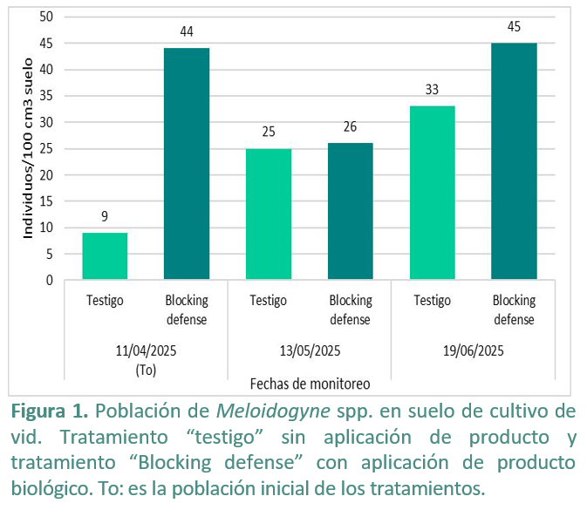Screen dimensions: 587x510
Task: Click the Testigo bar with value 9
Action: [105, 256]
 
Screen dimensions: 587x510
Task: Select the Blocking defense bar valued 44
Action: [187, 164]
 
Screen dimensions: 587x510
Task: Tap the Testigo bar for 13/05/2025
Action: [269, 214]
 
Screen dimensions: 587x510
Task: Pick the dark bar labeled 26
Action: [351, 211]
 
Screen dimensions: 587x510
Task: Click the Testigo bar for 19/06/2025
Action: [433, 193]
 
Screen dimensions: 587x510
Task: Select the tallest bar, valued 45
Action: [514, 161]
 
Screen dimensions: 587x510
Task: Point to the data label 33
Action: [432, 90]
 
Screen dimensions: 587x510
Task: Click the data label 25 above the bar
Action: [269, 132]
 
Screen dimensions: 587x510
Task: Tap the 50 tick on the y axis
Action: [46, 17]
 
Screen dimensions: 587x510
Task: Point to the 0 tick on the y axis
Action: [50, 280]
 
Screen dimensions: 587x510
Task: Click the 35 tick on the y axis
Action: [46, 96]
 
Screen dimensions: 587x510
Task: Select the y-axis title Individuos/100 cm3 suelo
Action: [28, 148]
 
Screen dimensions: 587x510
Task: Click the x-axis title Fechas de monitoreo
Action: [310, 384]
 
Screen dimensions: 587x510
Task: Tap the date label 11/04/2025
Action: [146, 351]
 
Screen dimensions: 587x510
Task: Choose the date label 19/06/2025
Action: [474, 351]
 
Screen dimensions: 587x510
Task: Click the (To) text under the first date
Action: [146, 370]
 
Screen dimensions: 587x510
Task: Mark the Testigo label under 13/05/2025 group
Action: [269, 301]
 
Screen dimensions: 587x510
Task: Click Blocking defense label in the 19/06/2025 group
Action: [514, 309]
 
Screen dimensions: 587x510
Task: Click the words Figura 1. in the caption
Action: [50, 411]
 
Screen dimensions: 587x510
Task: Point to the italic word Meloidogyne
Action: [273, 411]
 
